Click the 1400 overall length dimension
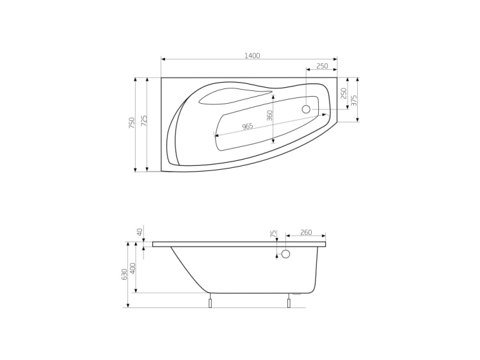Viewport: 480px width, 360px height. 252,56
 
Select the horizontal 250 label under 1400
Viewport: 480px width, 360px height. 322,66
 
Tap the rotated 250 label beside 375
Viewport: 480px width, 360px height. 344,93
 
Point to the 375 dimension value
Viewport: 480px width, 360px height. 354,100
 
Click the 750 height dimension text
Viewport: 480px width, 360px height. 132,122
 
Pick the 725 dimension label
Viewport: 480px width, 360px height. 144,120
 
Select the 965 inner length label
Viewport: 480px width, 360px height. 248,127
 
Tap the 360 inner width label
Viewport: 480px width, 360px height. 270,115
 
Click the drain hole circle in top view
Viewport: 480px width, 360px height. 306,109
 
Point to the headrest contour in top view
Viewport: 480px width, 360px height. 234,96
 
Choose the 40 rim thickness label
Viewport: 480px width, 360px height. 140,232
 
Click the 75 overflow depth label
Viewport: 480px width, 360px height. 273,235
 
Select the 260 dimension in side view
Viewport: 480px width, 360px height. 306,233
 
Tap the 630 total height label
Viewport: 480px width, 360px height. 124,274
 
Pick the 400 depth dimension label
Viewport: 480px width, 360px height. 132,267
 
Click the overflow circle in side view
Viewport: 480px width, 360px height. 285,254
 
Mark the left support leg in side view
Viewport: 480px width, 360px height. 210,302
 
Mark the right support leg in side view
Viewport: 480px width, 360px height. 289,302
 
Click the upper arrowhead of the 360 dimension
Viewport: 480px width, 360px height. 273,98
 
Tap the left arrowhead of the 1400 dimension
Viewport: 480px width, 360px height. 163,59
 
